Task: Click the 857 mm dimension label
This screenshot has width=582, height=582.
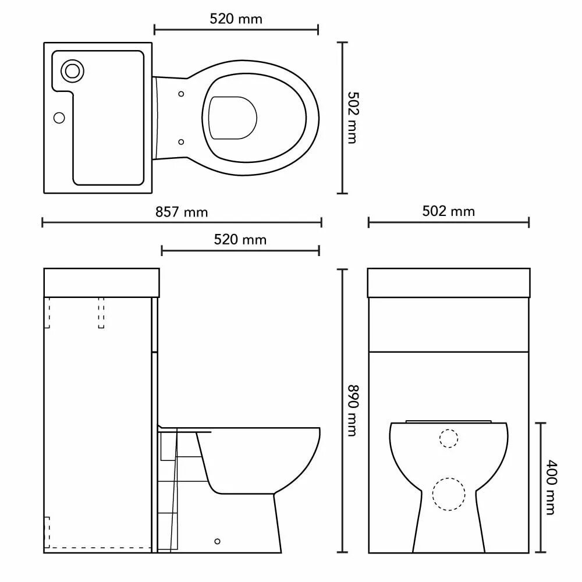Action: pos(182,212)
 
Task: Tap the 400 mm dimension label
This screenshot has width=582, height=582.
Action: pos(550,487)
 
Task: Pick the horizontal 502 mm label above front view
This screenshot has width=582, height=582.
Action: pos(448,211)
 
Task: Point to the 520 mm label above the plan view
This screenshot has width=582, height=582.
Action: pos(236,19)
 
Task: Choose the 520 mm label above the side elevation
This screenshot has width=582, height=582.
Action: pos(240,239)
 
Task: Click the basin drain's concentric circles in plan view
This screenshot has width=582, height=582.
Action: pos(73,71)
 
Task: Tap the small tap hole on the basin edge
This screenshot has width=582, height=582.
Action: pos(59,118)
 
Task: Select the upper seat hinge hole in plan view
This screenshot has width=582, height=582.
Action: pos(182,94)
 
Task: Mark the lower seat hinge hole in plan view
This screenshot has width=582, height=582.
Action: pos(182,141)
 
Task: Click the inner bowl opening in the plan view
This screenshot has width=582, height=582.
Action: pos(233,118)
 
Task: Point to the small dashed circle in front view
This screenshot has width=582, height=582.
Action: pos(448,438)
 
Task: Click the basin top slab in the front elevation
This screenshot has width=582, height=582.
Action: pos(449,283)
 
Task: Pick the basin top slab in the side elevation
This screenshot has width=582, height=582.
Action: pos(102,282)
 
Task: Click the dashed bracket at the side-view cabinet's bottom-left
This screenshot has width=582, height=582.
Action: pos(48,527)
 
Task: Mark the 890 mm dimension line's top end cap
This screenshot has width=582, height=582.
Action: pos(343,270)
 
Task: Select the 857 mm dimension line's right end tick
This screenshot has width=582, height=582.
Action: pos(321,222)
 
